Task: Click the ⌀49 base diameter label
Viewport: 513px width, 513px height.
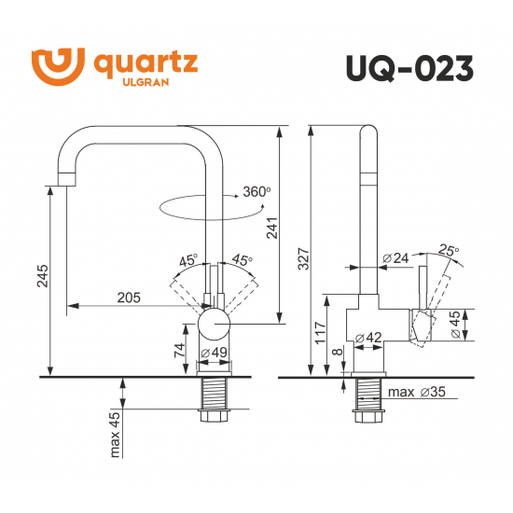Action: (x=215, y=353)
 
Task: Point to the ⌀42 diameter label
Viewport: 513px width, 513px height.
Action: (x=369, y=339)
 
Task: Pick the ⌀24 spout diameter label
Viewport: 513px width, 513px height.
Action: (x=396, y=257)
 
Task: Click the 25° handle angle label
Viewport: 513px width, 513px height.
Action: (x=449, y=250)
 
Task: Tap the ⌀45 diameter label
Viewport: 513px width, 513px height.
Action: (x=454, y=325)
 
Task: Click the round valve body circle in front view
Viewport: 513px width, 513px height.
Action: (x=215, y=326)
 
